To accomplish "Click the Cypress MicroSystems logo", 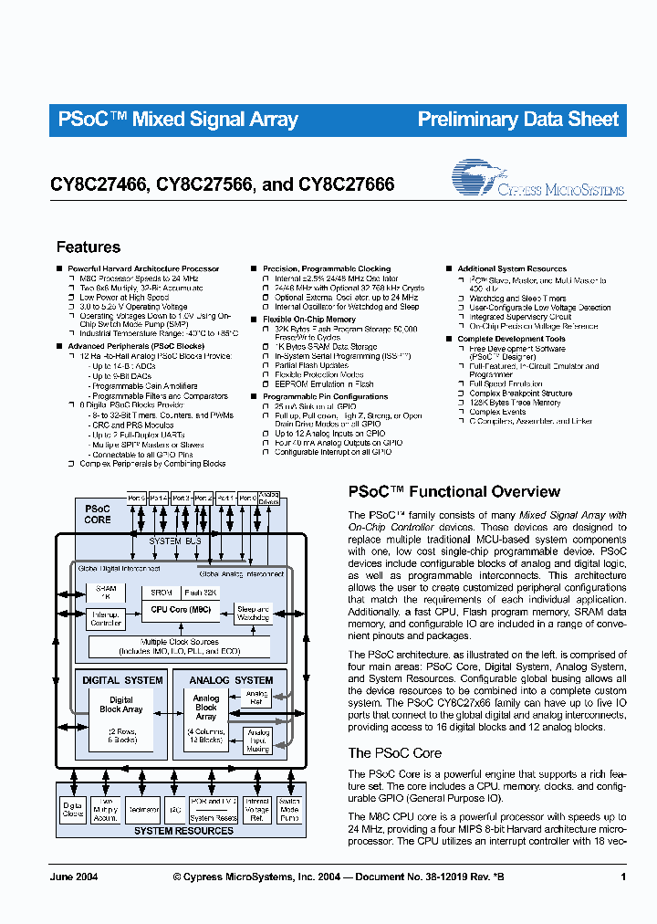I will (x=538, y=180).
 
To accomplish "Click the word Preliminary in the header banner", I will (x=468, y=120).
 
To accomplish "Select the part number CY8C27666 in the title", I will (x=346, y=184).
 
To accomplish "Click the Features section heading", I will (x=89, y=247).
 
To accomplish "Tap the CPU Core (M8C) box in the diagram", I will (x=180, y=609).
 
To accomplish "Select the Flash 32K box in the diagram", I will (x=200, y=593).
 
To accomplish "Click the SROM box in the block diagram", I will (x=161, y=593).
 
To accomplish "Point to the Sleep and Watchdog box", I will (x=252, y=614).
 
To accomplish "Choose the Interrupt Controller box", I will (x=107, y=618).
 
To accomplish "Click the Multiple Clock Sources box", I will (x=179, y=646).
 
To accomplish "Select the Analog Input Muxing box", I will (x=259, y=740).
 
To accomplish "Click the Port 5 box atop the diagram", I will (x=137, y=498).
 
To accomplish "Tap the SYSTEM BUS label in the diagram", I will (x=175, y=541).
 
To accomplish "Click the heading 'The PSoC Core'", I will (x=395, y=753).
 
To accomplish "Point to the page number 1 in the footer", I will (x=622, y=877).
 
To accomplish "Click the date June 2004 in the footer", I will (x=74, y=877).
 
